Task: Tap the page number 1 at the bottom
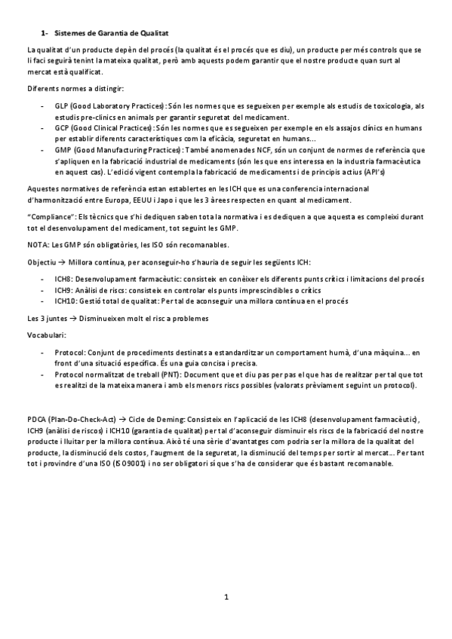[x=226, y=598]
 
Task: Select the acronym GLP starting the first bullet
[x=62, y=107]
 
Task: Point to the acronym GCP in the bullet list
[x=62, y=129]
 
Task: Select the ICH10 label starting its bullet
[x=66, y=300]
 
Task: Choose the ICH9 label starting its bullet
[x=64, y=289]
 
